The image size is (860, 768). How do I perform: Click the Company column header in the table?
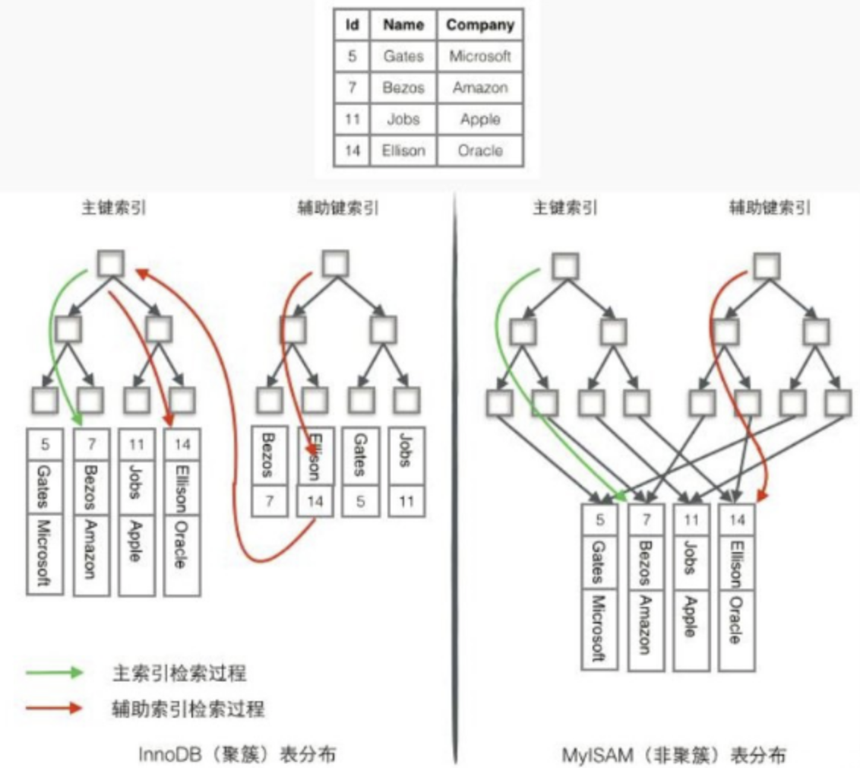tap(479, 25)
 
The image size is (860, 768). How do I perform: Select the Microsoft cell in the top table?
tap(479, 56)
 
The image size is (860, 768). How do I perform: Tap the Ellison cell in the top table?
tap(403, 151)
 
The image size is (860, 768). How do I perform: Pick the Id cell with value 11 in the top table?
tap(352, 119)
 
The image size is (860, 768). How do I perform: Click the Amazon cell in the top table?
tap(479, 88)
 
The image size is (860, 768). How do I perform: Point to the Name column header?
tap(403, 25)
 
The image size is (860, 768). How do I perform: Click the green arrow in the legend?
tap(53, 672)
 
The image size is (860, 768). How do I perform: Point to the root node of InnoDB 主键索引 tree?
tap(111, 263)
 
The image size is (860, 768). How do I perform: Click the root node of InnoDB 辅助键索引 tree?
tap(335, 263)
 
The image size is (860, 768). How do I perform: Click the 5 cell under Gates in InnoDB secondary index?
tap(361, 502)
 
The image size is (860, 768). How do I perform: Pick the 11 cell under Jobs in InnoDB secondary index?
tap(406, 502)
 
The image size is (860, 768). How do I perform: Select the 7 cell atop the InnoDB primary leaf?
tap(91, 443)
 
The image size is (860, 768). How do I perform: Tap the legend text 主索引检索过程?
tap(179, 672)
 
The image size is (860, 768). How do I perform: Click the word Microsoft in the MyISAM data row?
tap(598, 628)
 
